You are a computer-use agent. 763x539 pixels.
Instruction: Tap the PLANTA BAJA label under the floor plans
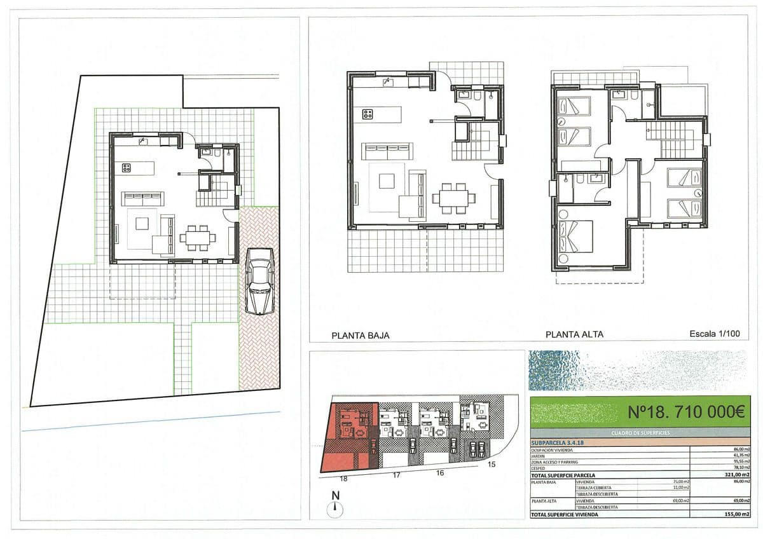[361, 335]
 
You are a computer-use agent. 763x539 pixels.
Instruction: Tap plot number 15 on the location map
[491, 465]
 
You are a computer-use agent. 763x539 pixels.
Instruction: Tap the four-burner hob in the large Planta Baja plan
[368, 114]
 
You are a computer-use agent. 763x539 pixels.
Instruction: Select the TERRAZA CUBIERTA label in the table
[591, 488]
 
